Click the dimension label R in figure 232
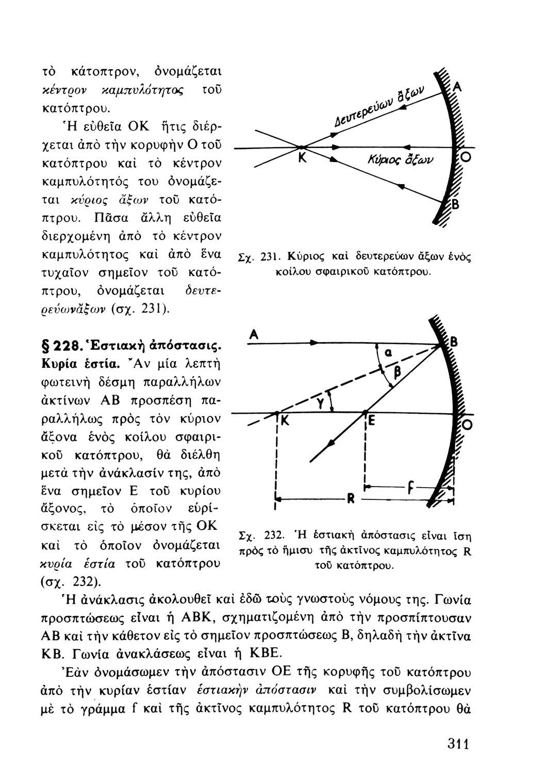(350, 499)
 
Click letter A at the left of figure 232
(253, 334)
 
